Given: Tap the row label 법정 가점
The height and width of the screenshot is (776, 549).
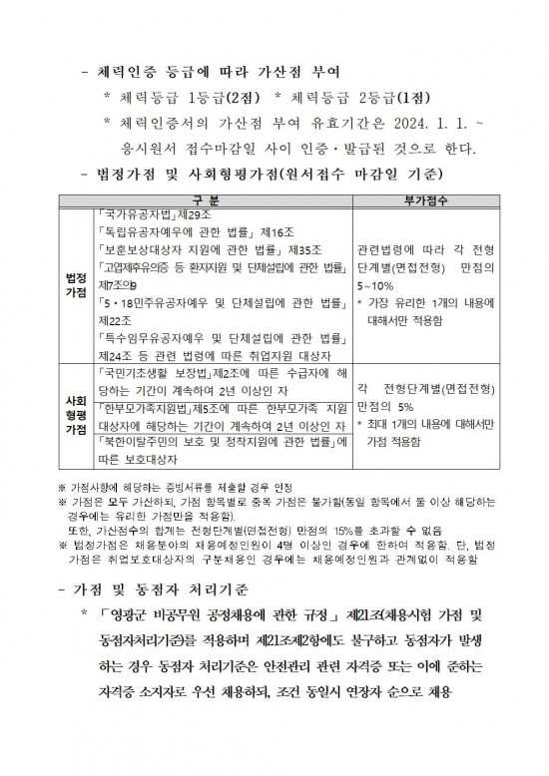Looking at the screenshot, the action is pyautogui.click(x=75, y=285).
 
